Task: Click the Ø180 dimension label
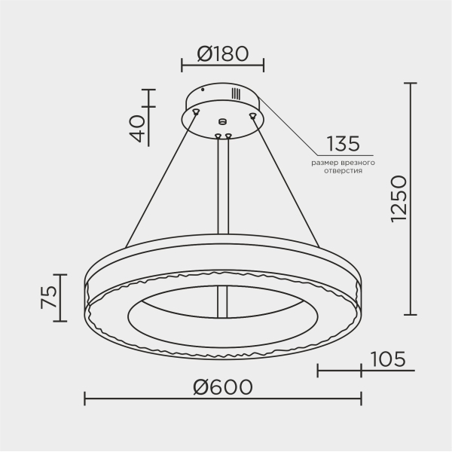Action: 222,54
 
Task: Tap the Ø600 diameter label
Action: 223,387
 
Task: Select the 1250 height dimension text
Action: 399,199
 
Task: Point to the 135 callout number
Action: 343,144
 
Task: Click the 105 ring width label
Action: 388,359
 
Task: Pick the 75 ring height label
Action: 49,298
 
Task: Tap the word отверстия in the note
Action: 343,171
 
